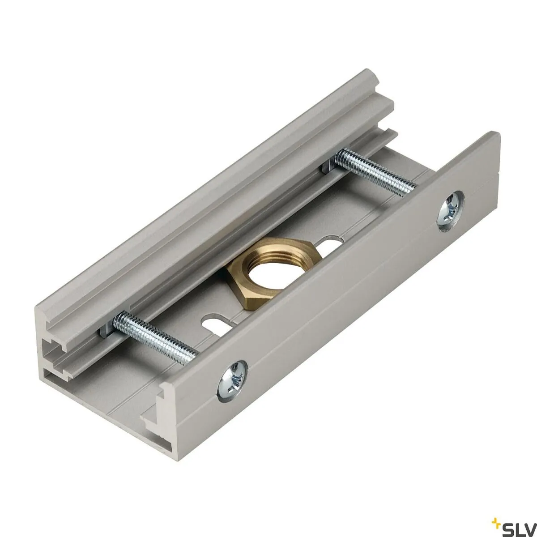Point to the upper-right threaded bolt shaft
[376, 170]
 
